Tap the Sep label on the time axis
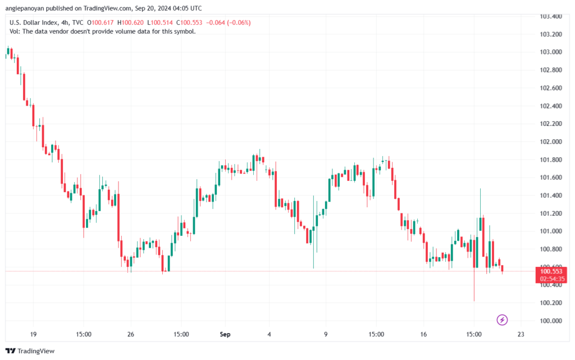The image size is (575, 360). click(225, 335)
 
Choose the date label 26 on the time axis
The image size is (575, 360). click(131, 335)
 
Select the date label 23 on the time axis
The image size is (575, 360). click(521, 335)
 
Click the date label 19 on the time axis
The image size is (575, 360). click(33, 335)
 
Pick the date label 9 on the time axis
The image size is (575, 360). click(326, 335)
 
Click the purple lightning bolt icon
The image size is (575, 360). click(503, 320)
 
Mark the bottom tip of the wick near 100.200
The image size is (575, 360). click(474, 300)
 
